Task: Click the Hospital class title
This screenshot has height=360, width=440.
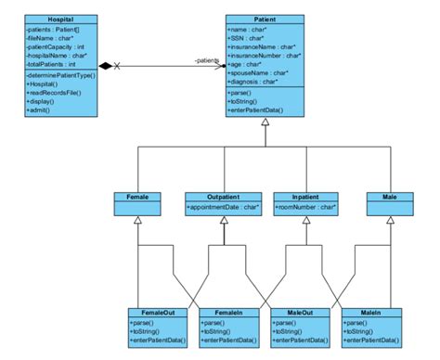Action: pyautogui.click(x=61, y=18)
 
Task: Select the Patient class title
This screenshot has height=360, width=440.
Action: pyautogui.click(x=265, y=18)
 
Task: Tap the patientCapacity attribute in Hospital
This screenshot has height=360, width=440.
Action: pyautogui.click(x=57, y=46)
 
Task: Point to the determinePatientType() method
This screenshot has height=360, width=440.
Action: pyautogui.click(x=61, y=73)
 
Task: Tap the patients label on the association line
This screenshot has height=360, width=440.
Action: pyautogui.click(x=206, y=60)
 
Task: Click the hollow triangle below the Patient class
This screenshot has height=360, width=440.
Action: pyautogui.click(x=265, y=122)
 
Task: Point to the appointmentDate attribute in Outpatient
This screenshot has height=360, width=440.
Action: pyautogui.click(x=224, y=209)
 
